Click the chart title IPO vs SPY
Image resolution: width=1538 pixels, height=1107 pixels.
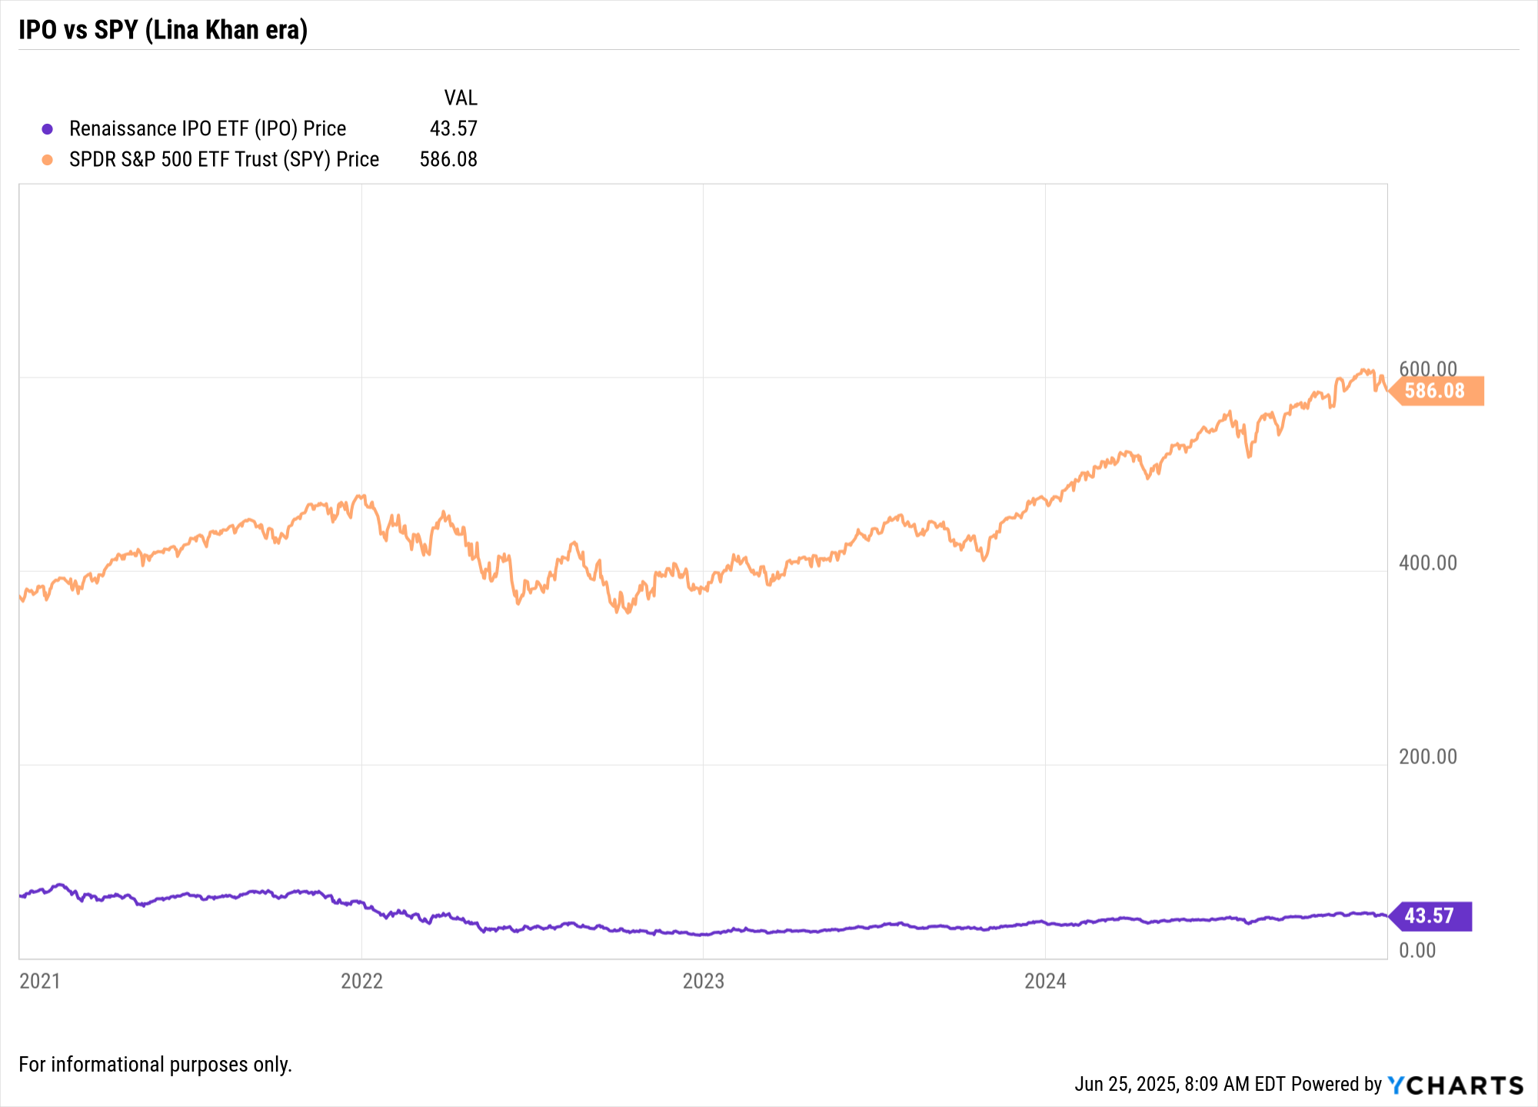point(163,30)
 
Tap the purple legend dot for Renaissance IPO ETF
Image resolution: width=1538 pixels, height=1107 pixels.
point(48,129)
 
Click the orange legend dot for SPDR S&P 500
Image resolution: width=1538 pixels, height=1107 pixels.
point(48,160)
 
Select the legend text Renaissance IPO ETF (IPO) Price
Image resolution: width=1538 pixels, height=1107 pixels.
point(208,128)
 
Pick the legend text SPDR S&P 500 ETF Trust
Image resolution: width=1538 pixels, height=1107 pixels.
point(224,159)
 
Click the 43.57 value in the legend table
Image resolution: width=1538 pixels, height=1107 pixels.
point(453,128)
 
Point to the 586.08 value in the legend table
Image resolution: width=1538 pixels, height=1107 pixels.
point(448,159)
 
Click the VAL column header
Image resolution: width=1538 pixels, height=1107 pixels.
point(461,98)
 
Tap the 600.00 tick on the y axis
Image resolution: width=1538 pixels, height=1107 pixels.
point(1428,368)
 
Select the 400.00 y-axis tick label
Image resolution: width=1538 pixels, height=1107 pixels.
point(1428,563)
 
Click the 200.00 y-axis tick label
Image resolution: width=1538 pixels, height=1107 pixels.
point(1428,756)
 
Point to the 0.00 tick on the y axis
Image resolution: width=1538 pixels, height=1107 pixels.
point(1417,950)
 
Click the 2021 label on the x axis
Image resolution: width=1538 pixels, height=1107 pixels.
point(40,981)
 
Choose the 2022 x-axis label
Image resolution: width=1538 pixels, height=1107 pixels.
point(361,981)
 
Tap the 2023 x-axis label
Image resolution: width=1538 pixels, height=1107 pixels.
point(703,981)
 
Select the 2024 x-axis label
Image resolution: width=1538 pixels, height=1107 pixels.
point(1045,981)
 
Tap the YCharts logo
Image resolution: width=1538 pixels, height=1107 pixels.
point(1455,1085)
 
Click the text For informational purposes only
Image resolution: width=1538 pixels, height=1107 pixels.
point(155,1064)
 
